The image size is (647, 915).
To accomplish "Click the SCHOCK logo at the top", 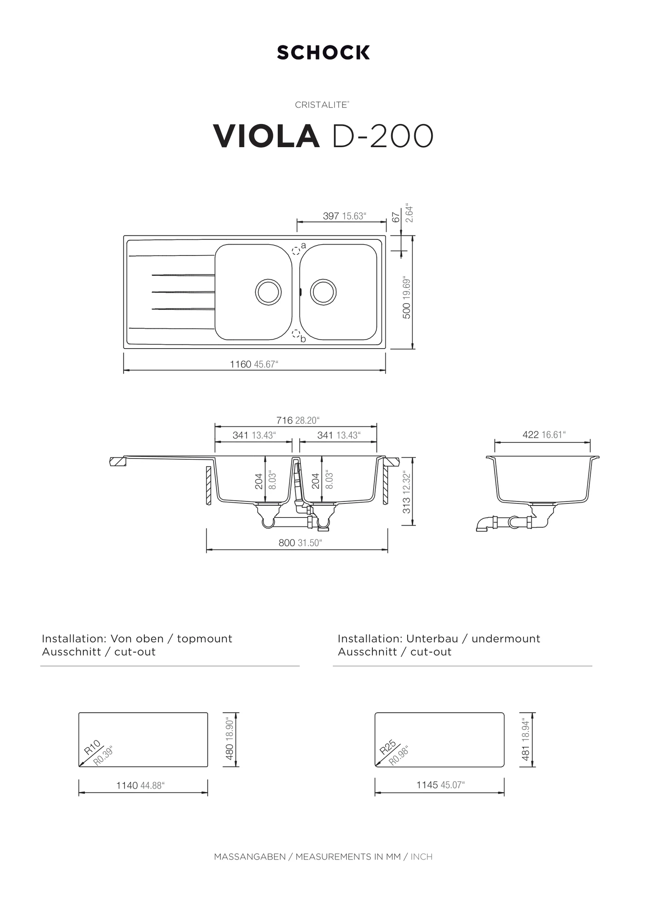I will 323,53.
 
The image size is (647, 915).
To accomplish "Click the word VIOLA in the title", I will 266,136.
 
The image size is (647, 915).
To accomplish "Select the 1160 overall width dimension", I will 241,364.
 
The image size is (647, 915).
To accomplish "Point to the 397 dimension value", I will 331,216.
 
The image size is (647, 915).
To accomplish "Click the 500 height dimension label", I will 406,310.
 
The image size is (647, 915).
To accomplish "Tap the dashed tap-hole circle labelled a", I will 296,250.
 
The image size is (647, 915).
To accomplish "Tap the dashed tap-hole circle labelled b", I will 296,334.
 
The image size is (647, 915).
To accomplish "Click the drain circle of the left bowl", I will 268,292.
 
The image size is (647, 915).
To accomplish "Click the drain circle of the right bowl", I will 323,292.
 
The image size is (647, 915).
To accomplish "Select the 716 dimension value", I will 285,421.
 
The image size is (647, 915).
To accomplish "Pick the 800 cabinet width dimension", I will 287,543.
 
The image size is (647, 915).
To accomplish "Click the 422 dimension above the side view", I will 531,435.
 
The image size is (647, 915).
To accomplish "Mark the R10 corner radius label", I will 92,747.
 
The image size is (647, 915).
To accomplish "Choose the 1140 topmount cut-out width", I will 127,786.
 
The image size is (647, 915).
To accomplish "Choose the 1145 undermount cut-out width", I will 427,785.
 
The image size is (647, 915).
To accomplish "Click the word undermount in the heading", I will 505,639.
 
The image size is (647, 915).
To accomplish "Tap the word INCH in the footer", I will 421,857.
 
